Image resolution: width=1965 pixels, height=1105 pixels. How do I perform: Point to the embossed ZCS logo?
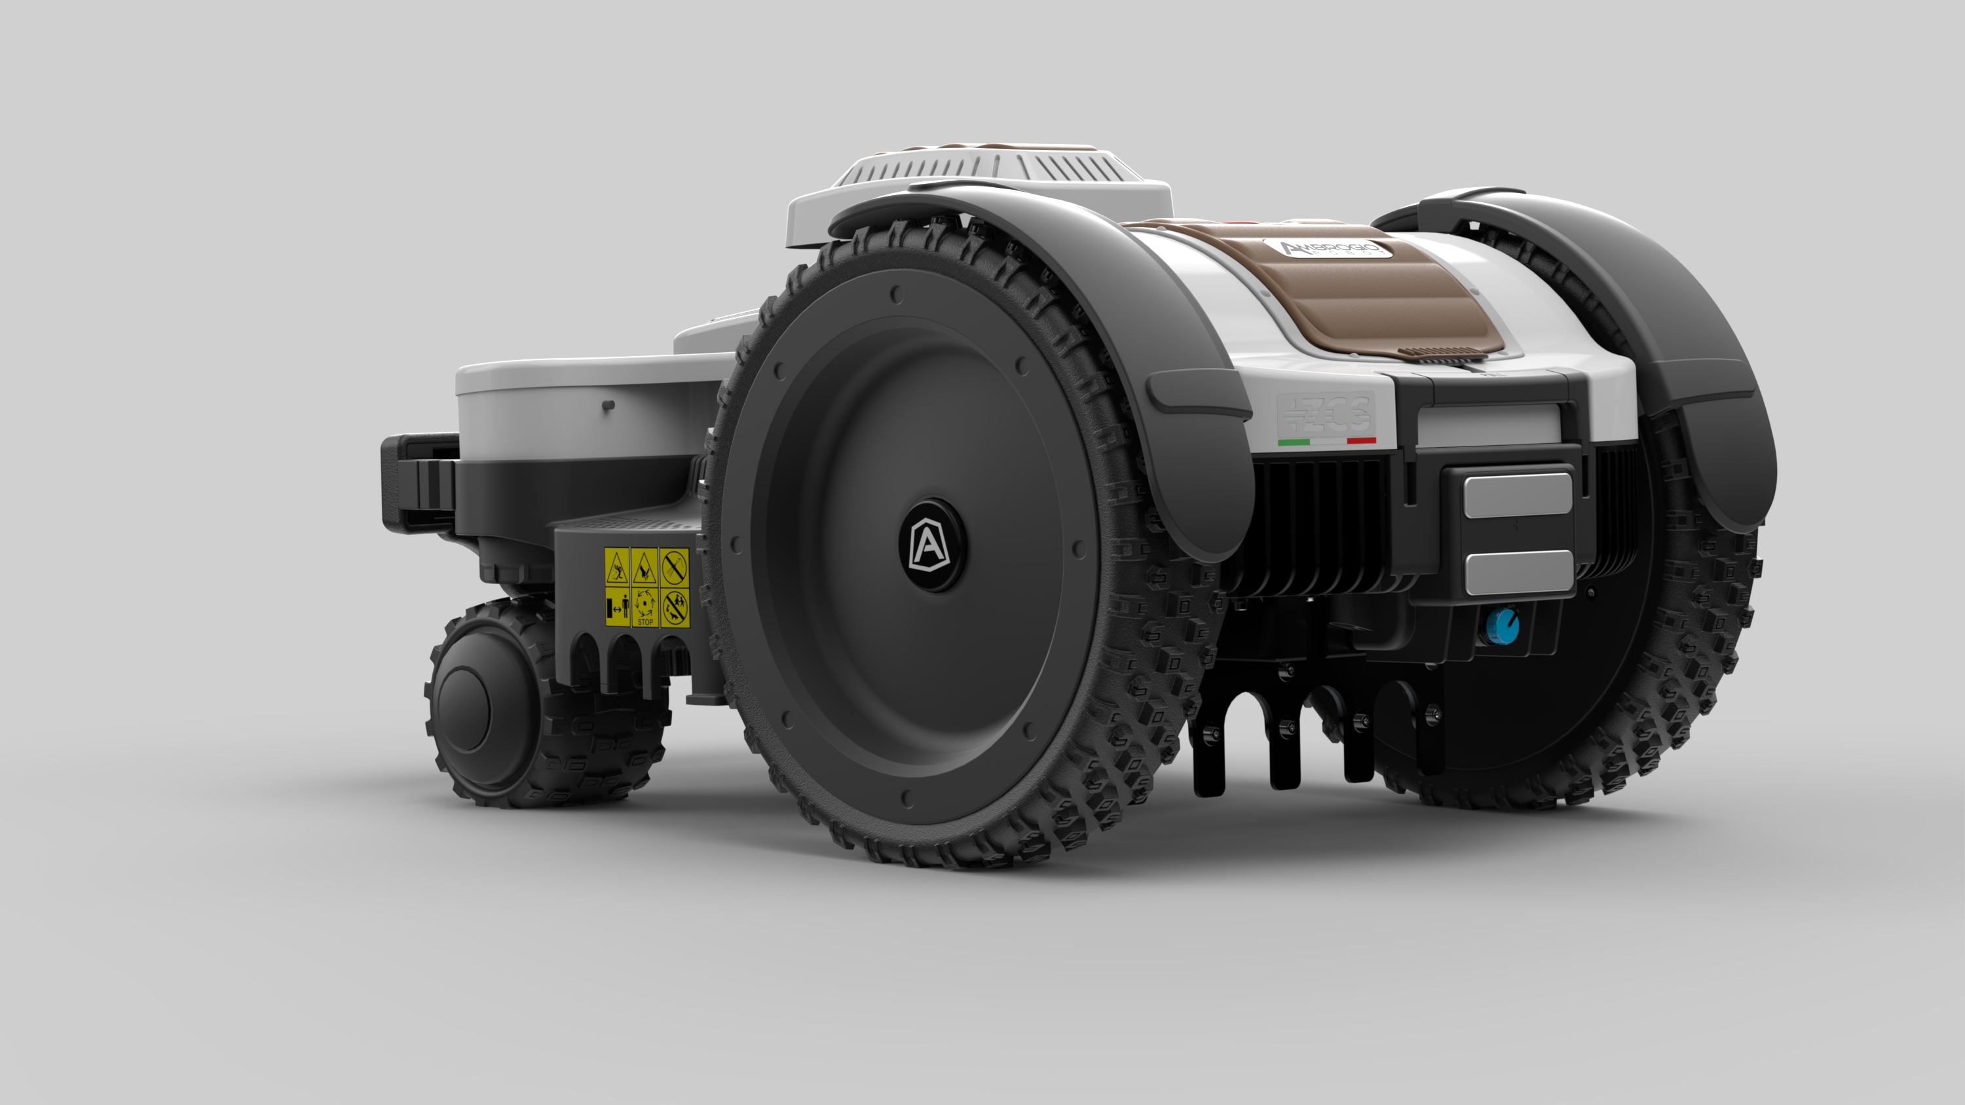[x=1326, y=413]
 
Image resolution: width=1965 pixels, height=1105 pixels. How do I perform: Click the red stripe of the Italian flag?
[x=1361, y=440]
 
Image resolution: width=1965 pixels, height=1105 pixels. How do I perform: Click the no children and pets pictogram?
[x=675, y=607]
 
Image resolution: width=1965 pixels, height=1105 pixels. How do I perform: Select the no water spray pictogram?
[x=675, y=568]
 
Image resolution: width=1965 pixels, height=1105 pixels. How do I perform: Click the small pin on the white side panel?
[x=607, y=405]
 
